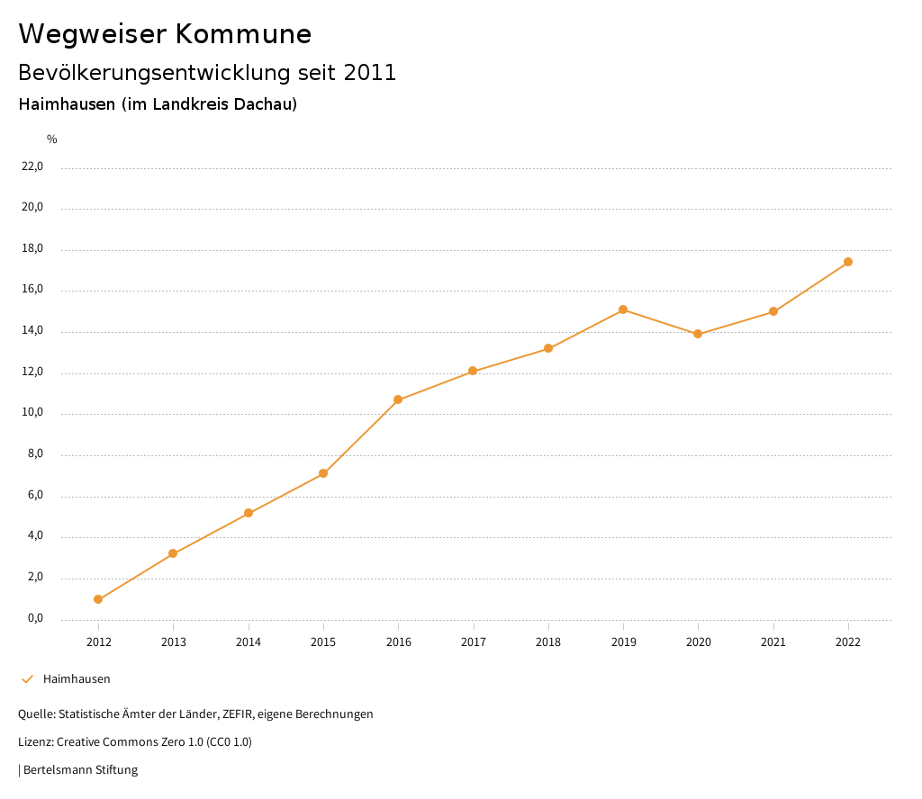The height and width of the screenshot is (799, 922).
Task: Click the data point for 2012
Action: (x=98, y=599)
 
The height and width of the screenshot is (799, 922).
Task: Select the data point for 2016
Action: (x=398, y=399)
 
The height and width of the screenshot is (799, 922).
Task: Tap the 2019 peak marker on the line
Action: (x=623, y=310)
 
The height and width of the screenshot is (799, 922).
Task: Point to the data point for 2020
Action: (x=698, y=334)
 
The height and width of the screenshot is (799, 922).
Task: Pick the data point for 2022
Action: (x=848, y=262)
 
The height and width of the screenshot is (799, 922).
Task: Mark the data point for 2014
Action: (x=249, y=513)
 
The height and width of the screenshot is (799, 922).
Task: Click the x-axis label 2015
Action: (x=323, y=642)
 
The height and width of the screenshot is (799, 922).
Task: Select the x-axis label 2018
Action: (x=548, y=642)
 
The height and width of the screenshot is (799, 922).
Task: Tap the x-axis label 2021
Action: (x=773, y=642)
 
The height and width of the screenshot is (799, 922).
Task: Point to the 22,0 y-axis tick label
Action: (x=32, y=166)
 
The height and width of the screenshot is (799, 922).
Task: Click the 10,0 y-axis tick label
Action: (x=32, y=414)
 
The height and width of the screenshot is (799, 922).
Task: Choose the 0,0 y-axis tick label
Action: (x=35, y=619)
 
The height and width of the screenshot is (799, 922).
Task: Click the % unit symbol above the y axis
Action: (x=52, y=139)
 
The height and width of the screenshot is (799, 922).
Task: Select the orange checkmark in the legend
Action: (x=27, y=679)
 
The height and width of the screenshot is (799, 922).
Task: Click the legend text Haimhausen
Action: (x=77, y=679)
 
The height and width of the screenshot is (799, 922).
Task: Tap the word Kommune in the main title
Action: (x=243, y=34)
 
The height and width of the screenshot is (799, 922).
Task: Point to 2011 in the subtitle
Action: (x=370, y=73)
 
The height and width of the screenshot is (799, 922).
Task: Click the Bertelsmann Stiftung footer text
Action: (x=80, y=770)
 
